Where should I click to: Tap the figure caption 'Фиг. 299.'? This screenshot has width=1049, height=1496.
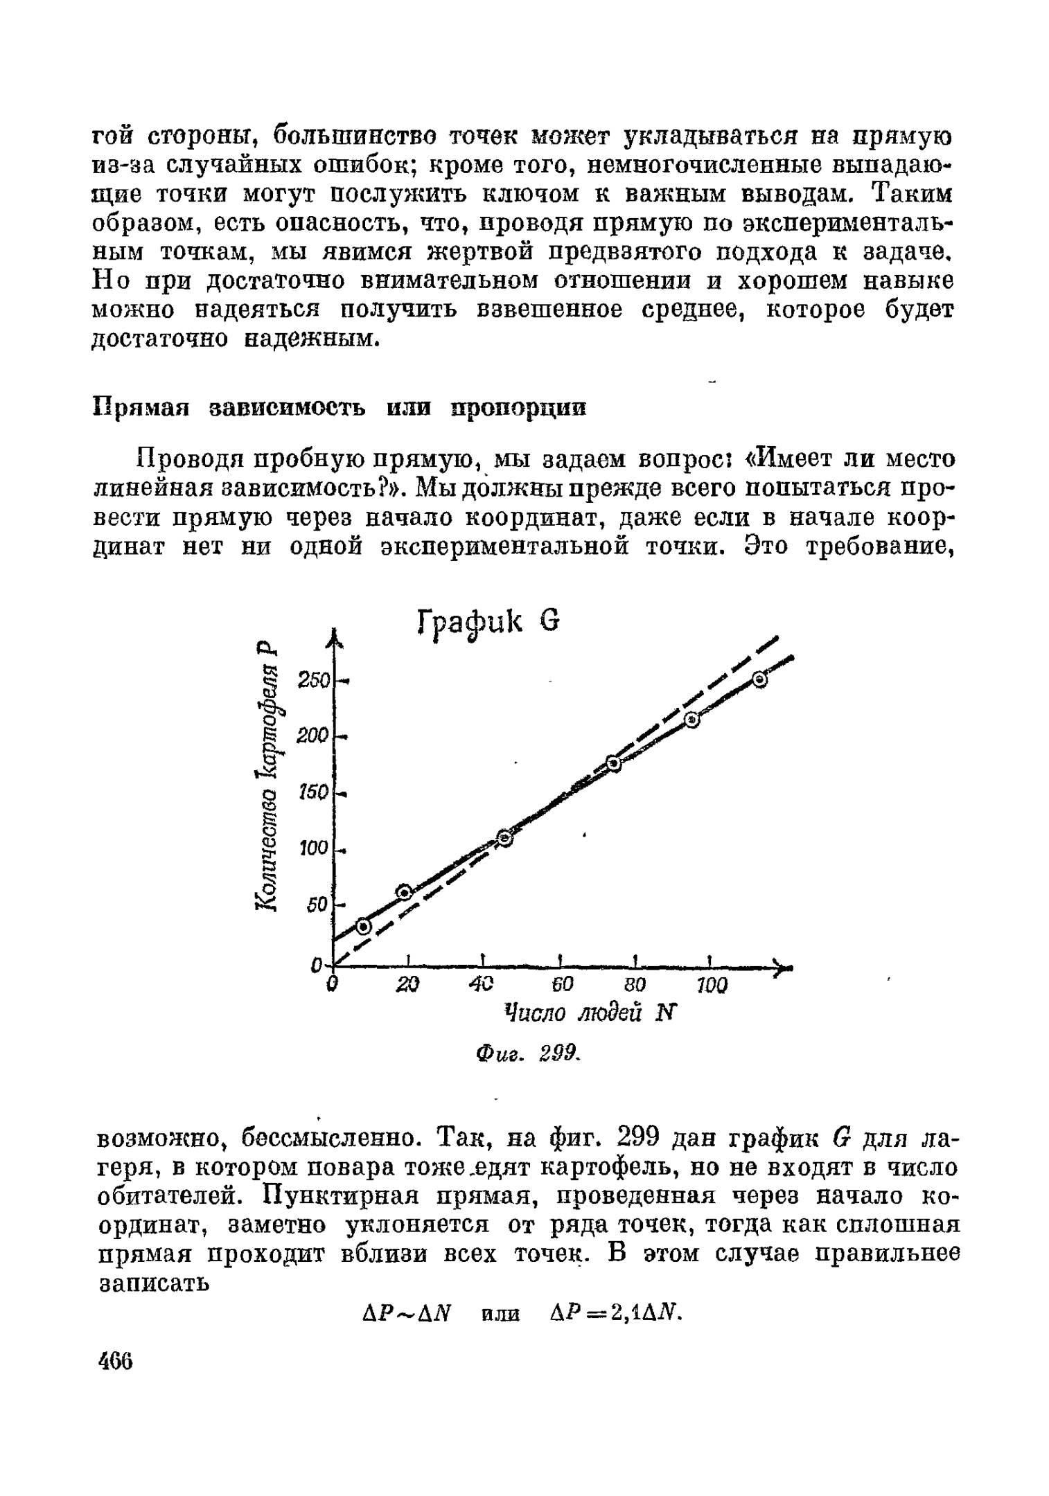(527, 1054)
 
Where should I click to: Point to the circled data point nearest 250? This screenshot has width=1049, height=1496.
(760, 681)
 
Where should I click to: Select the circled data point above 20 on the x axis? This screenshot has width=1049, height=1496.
(404, 891)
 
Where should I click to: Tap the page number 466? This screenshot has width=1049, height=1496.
(114, 1361)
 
